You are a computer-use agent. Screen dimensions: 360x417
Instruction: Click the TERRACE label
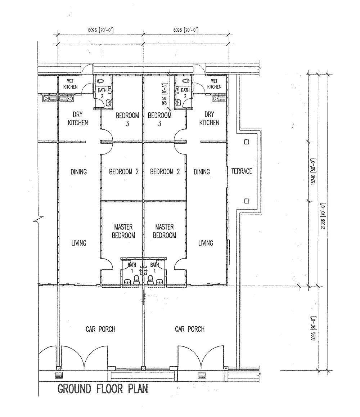pos(242,171)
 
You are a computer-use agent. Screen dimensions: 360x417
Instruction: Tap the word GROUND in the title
pos(74,389)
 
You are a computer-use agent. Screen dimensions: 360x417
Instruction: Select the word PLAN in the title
pos(138,389)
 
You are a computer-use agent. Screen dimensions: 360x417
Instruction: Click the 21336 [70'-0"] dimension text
pos(323,216)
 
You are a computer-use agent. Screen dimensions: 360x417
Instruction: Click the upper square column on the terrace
pos(247,142)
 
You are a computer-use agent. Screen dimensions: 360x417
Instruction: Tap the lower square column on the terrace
pos(247,201)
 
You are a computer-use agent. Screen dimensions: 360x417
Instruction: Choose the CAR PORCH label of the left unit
pos(100,329)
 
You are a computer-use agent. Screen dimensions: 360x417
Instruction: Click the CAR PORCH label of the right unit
pos(190,329)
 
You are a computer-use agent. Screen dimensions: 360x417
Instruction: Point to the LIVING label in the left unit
pos(79,243)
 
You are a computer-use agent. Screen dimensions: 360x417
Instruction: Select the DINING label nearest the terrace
pos(202,172)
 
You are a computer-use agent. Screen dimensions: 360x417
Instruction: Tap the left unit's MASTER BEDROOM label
pos(123,231)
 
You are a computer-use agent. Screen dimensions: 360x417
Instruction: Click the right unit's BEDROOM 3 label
pos(159,120)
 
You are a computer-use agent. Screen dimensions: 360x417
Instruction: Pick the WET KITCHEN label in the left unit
pos(71,84)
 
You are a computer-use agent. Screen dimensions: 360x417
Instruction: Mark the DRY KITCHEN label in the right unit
pos(209,118)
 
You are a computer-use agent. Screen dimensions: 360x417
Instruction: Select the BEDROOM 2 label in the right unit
pos(165,172)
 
